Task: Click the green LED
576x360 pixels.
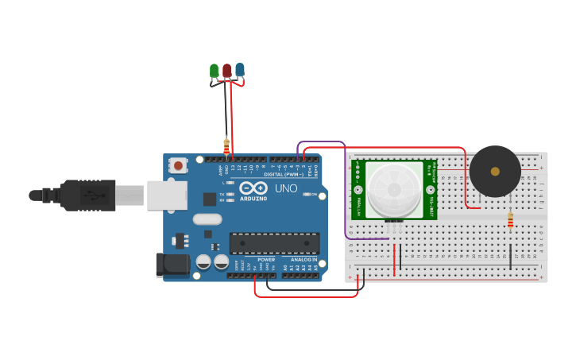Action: pyautogui.click(x=214, y=72)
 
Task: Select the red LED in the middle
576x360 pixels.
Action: pyautogui.click(x=227, y=71)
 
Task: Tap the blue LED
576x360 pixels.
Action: pyautogui.click(x=240, y=71)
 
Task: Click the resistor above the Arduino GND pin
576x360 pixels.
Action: pyautogui.click(x=226, y=146)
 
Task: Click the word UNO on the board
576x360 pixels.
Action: pyautogui.click(x=285, y=188)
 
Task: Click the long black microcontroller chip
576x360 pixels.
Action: pyautogui.click(x=274, y=243)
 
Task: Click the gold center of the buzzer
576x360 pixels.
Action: pyautogui.click(x=495, y=171)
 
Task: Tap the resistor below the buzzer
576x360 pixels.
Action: pyautogui.click(x=510, y=220)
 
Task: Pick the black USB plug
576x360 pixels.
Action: pyautogui.click(x=87, y=195)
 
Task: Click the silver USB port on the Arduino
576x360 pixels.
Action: pyautogui.click(x=166, y=195)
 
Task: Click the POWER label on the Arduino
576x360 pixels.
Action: pyautogui.click(x=266, y=260)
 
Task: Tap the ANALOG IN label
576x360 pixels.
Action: pyautogui.click(x=303, y=260)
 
